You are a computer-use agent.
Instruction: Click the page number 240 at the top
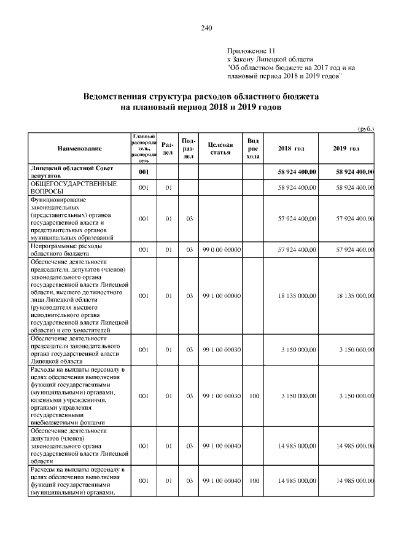pyautogui.click(x=206, y=28)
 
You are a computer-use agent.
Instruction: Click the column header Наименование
pyautogui.click(x=79, y=149)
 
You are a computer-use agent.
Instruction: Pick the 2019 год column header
pyautogui.click(x=346, y=149)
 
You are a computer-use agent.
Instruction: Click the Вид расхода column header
pyautogui.click(x=252, y=149)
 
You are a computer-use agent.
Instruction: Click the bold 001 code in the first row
pyautogui.click(x=144, y=172)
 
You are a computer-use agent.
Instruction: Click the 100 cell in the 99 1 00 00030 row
pyautogui.click(x=252, y=396)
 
